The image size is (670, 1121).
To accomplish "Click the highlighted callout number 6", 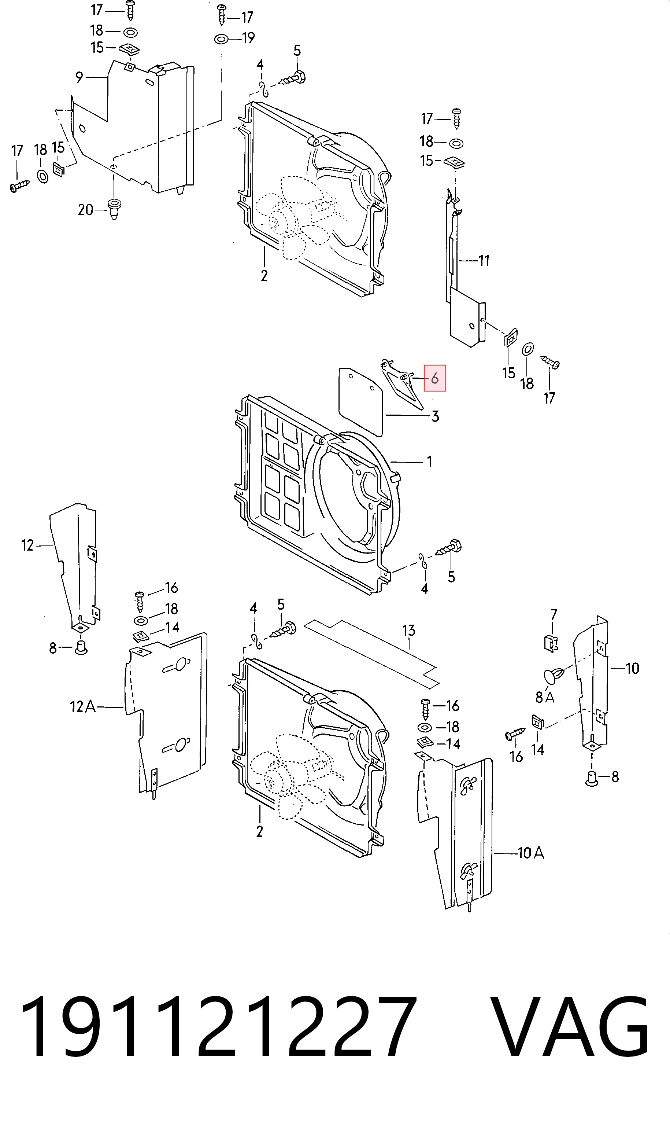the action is [435, 378].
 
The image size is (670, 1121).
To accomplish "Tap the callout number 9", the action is [79, 78].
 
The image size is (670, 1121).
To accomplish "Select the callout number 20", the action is [85, 210].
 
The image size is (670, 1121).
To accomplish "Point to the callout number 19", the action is [248, 37].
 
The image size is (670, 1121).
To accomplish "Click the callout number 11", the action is [484, 261].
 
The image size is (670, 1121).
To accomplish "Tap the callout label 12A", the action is [83, 706].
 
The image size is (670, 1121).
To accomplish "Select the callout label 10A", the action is [530, 853].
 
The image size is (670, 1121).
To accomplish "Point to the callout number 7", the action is [554, 615].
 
